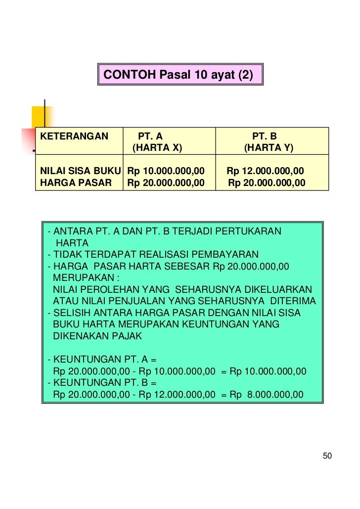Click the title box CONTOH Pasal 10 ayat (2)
(180, 75)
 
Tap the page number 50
(327, 456)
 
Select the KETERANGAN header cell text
(74, 136)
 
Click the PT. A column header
(150, 136)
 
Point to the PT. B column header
(265, 136)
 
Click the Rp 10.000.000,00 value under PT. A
(166, 171)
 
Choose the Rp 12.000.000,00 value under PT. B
(266, 171)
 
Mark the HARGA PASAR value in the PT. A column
(166, 183)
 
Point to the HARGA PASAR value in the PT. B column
(267, 183)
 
